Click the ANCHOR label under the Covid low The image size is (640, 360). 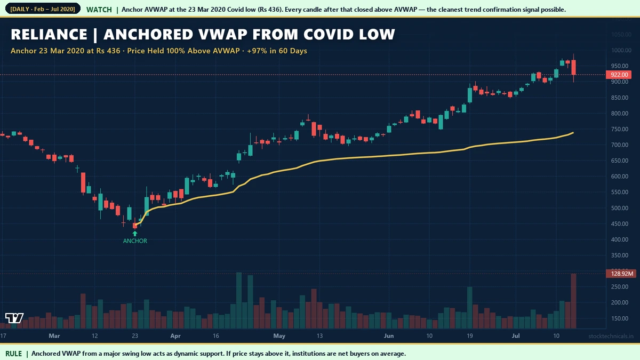pyautogui.click(x=135, y=241)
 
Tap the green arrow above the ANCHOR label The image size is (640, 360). pyautogui.click(x=135, y=233)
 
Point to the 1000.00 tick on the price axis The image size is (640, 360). pyautogui.click(x=621, y=51)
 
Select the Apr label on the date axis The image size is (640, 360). pyautogui.click(x=175, y=336)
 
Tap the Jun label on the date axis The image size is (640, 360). pyautogui.click(x=389, y=336)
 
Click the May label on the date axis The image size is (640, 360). pyautogui.click(x=279, y=336)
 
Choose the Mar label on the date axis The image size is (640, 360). pyautogui.click(x=54, y=336)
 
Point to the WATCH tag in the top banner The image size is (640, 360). pyautogui.click(x=99, y=10)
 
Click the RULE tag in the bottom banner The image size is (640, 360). pyautogui.click(x=14, y=354)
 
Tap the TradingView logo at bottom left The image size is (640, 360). pyautogui.click(x=14, y=318)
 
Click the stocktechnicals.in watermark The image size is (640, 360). pyautogui.click(x=611, y=336)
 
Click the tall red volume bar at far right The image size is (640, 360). pyautogui.click(x=574, y=301)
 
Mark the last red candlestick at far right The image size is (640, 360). pyautogui.click(x=574, y=67)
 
